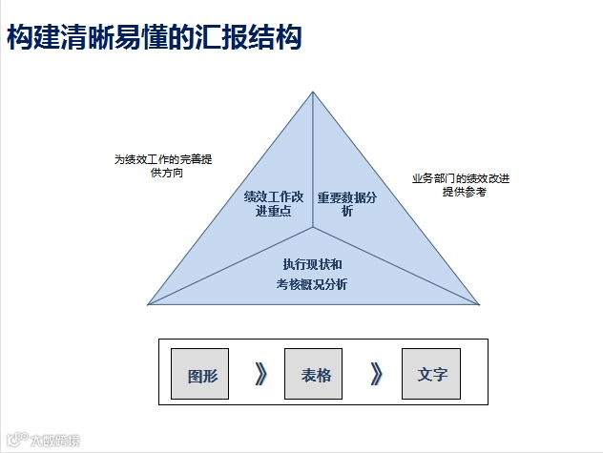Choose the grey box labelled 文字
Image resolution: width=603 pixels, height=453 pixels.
coord(431,374)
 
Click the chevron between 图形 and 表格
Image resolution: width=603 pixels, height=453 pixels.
coord(260,374)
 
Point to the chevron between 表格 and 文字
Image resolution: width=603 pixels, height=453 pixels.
coord(376,374)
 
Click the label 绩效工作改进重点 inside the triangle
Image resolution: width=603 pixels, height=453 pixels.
coord(274,204)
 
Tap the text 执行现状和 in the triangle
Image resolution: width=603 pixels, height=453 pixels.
coord(313,263)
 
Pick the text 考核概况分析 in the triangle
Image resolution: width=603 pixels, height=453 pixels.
coord(313,283)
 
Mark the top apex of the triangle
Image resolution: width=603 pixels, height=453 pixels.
coord(313,92)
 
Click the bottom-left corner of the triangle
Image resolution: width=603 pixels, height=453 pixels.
coord(148,304)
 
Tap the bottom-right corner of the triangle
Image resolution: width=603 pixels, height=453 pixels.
coord(480,304)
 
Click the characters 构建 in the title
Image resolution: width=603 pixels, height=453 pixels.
coord(34,38)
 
